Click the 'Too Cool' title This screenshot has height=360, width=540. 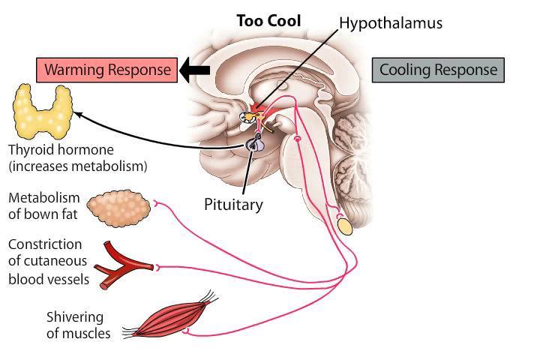[x=268, y=21]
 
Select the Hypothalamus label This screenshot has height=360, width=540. [x=391, y=23]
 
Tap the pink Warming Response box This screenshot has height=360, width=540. [x=106, y=70]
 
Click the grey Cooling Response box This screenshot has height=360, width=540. [x=438, y=70]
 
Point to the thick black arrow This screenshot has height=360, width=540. [x=194, y=70]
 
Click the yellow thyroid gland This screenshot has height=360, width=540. [x=43, y=111]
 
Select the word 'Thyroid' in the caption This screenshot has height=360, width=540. [x=31, y=150]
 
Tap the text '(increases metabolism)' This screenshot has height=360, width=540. [x=78, y=166]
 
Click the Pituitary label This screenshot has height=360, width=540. [x=233, y=205]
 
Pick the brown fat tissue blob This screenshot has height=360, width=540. [x=118, y=208]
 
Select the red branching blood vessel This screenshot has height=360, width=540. [x=123, y=265]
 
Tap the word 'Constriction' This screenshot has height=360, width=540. [x=45, y=244]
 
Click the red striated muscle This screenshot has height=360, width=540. [x=170, y=316]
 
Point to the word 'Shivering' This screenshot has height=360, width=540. [x=75, y=318]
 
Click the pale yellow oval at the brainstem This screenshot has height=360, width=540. [x=345, y=226]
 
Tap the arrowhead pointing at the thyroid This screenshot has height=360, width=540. [x=77, y=114]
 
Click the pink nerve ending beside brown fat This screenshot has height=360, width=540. [x=156, y=204]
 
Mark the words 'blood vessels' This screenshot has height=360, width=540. [x=49, y=279]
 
